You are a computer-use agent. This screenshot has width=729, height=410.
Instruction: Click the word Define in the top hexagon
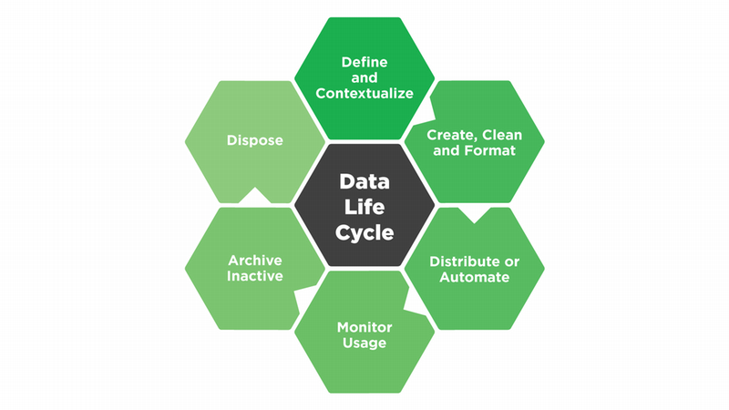pos(364,62)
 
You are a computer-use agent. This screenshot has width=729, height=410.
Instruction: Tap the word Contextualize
pos(364,93)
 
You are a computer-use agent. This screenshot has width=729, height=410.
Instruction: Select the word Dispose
pos(255,141)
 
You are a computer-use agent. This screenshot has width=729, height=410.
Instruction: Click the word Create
pos(447,135)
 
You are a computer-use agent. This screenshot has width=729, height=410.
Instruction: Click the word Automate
pos(474,277)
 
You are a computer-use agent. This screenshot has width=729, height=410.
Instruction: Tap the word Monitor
pos(364,326)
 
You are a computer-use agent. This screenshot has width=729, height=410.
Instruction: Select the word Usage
pos(364,343)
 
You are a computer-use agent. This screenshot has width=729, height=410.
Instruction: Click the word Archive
pos(255,260)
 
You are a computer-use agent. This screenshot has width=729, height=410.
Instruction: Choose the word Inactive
pos(255,276)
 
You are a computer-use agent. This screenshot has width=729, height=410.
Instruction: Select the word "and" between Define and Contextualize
pos(364,77)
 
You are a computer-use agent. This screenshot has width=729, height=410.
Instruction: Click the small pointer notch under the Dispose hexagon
pos(255,196)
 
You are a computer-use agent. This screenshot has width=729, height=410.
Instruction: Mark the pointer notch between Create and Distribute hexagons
pos(474,217)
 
